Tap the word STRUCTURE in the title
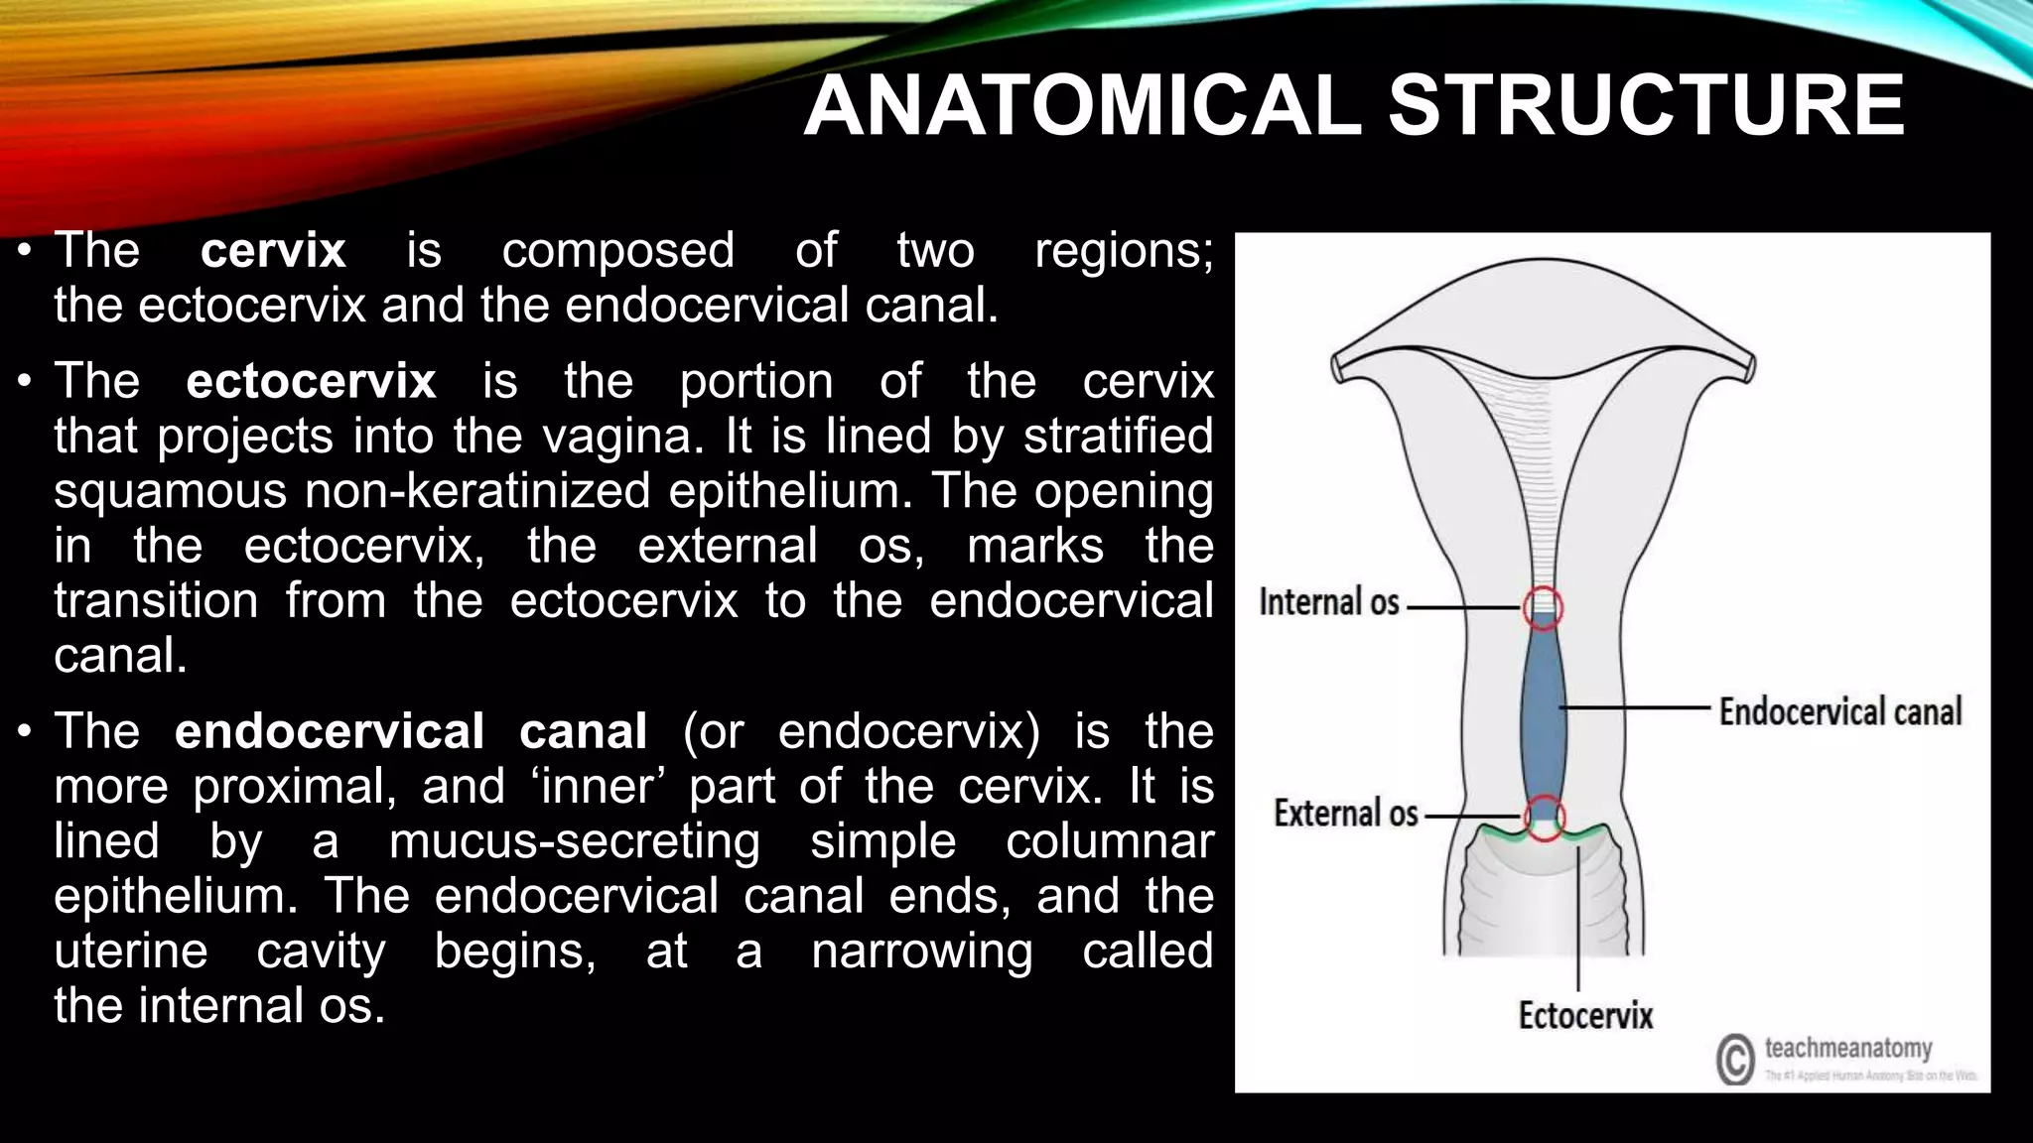click(1646, 106)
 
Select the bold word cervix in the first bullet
click(273, 250)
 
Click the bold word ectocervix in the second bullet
click(311, 381)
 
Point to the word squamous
click(170, 491)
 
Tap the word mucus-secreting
click(574, 841)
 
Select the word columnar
click(1109, 841)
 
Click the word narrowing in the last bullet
click(921, 951)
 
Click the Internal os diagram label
click(1328, 602)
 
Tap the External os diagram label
click(1345, 814)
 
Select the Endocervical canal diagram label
click(1840, 711)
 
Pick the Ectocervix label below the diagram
click(1585, 1015)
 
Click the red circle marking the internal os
click(1543, 606)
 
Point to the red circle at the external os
click(1545, 819)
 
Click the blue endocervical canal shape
click(1544, 709)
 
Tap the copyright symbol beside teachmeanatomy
click(1735, 1060)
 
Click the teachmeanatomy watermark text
click(1847, 1048)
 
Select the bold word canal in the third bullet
click(583, 731)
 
